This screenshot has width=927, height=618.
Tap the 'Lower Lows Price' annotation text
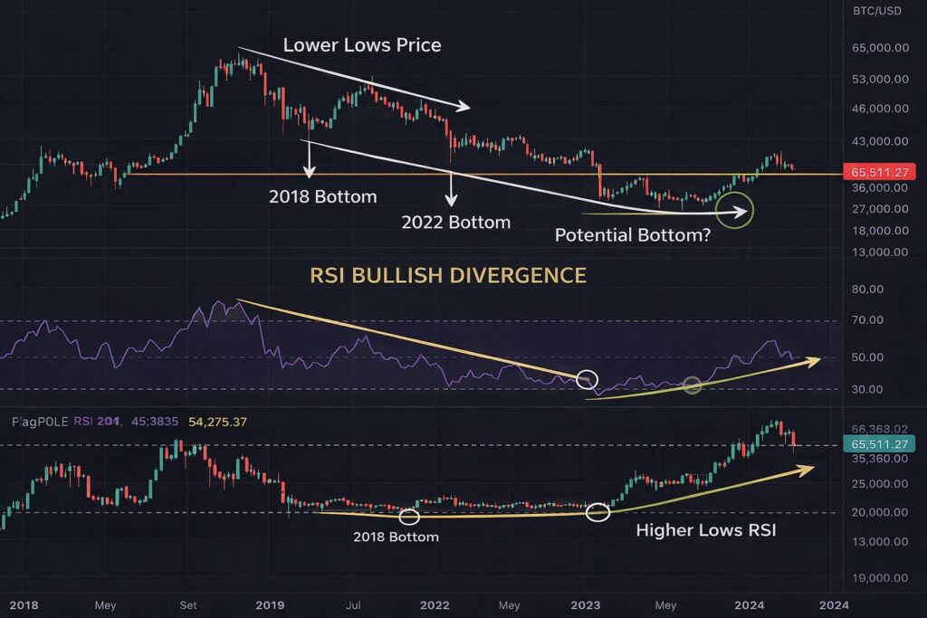(x=362, y=44)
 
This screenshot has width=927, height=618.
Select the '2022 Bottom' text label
(x=456, y=222)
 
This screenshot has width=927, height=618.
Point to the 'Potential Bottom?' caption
(x=630, y=234)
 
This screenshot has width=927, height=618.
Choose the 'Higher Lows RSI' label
(x=705, y=530)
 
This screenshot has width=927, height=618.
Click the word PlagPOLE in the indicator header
(x=42, y=422)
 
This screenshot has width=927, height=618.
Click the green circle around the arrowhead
(x=734, y=210)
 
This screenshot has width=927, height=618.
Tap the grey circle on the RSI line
(x=693, y=385)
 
